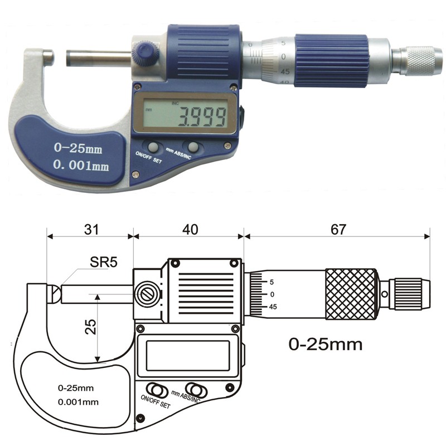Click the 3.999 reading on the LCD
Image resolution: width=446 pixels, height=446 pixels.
(x=202, y=117)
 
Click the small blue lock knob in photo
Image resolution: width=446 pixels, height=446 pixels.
(x=146, y=54)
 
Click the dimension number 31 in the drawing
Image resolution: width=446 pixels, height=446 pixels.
(x=90, y=229)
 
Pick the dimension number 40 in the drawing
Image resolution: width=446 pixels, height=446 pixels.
(x=188, y=229)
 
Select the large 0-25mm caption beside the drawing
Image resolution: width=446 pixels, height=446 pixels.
(x=325, y=343)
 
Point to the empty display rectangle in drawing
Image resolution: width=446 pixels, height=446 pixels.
(x=188, y=357)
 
